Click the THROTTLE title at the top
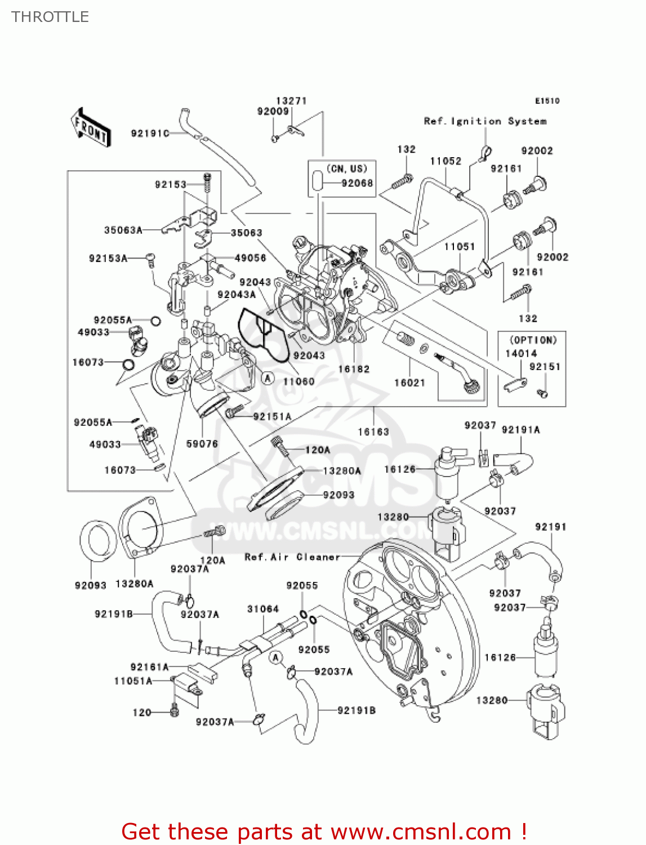pyautogui.click(x=50, y=17)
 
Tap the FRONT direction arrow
pyautogui.click(x=91, y=127)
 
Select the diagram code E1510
pyautogui.click(x=547, y=101)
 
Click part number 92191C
pyautogui.click(x=150, y=134)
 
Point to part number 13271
pyautogui.click(x=291, y=101)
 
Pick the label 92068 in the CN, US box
pyautogui.click(x=357, y=183)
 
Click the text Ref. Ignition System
pyautogui.click(x=485, y=121)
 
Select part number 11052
pyautogui.click(x=445, y=161)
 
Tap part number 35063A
pyautogui.click(x=123, y=230)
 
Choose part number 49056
pyautogui.click(x=250, y=258)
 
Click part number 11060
pyautogui.click(x=299, y=381)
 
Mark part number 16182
pyautogui.click(x=354, y=369)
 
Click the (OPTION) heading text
pyautogui.click(x=533, y=340)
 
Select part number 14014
pyautogui.click(x=521, y=353)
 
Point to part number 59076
pyautogui.click(x=202, y=444)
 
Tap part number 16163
pyautogui.click(x=373, y=432)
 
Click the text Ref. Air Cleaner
pyautogui.click(x=292, y=557)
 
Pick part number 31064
pyautogui.click(x=263, y=609)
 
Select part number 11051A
pyautogui.click(x=133, y=681)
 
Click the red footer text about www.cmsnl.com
pyautogui.click(x=324, y=831)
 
